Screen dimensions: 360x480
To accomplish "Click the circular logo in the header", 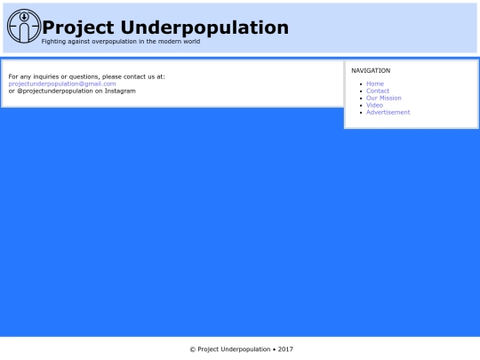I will coord(23,26).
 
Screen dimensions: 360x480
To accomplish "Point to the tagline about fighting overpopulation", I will coord(121,42).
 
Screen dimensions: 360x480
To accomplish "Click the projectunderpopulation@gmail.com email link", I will coord(62,84).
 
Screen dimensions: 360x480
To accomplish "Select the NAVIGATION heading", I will coord(371,70).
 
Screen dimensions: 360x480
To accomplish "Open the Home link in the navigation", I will coord(375,84).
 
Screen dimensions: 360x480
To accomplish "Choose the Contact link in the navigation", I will coord(378,91).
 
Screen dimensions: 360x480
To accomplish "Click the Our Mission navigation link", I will coord(384,98).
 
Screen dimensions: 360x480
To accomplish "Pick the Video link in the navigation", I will coord(375,105).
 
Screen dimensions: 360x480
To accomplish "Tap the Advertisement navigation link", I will coord(388,112).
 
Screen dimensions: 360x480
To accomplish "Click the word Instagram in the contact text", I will coord(120,91).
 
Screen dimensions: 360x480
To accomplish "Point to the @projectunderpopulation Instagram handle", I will coord(55,91).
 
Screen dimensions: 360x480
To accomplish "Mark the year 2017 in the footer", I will coord(285,349).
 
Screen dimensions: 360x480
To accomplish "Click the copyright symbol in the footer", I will coord(192,349).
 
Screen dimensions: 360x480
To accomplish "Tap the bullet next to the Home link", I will coord(360,84).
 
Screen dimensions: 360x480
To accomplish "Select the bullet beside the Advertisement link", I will coord(360,113).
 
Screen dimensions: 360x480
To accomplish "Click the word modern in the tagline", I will coord(165,42).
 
